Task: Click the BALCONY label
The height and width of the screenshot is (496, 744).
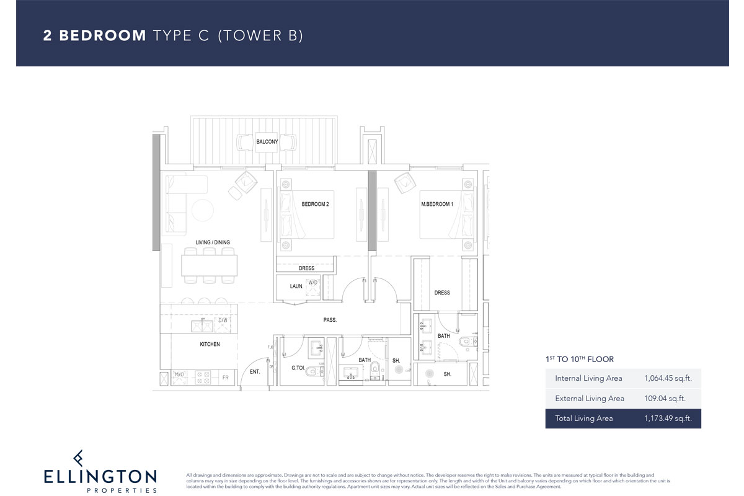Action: pyautogui.click(x=267, y=142)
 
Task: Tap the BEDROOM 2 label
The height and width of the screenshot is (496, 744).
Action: pyautogui.click(x=315, y=204)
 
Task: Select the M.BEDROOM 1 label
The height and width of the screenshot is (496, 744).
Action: pyautogui.click(x=437, y=204)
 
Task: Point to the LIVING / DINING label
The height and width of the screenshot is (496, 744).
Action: pyautogui.click(x=195, y=242)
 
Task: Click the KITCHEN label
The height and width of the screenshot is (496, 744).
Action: pyautogui.click(x=210, y=344)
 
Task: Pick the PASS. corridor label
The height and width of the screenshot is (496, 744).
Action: pyautogui.click(x=330, y=320)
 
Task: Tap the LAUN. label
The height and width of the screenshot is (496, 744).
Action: pyautogui.click(x=296, y=286)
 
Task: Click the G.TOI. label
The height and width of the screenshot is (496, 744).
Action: pyautogui.click(x=299, y=368)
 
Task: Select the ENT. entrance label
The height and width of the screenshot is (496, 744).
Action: pyautogui.click(x=255, y=371)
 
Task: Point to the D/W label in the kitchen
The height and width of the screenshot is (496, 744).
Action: pyautogui.click(x=223, y=321)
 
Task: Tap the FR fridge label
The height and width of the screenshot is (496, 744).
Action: pyautogui.click(x=225, y=376)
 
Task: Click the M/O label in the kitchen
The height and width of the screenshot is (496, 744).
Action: pyautogui.click(x=179, y=374)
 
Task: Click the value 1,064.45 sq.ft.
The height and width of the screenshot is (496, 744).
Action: pyautogui.click(x=668, y=378)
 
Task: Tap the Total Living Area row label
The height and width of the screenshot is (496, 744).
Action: pyautogui.click(x=583, y=418)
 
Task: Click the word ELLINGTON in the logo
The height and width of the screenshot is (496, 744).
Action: pyautogui.click(x=100, y=477)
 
